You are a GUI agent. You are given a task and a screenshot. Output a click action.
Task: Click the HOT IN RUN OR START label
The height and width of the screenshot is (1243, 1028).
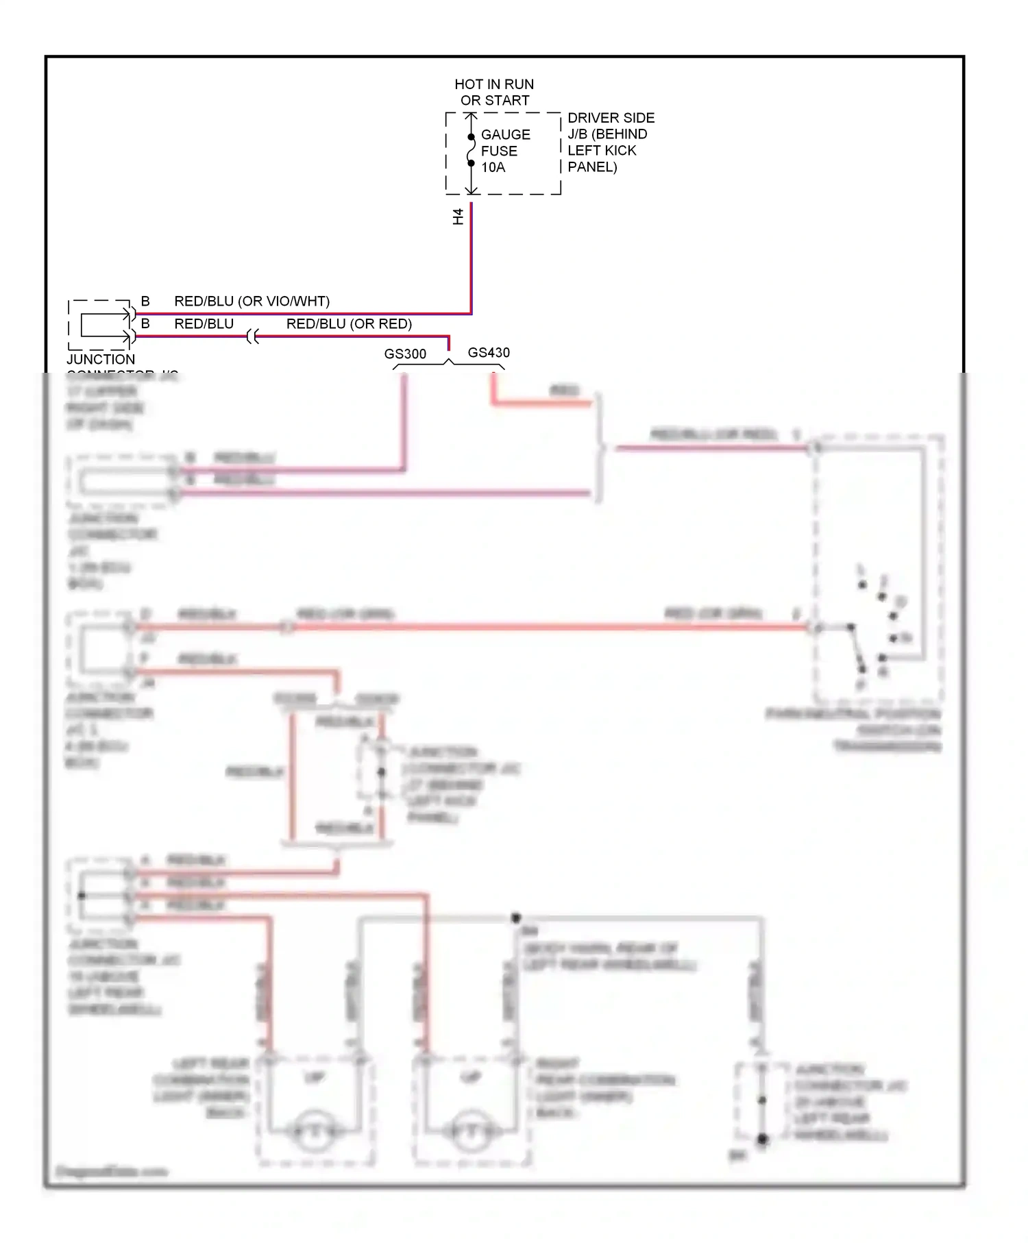click(494, 93)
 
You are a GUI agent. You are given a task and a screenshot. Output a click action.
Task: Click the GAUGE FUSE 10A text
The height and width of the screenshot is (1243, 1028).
click(505, 151)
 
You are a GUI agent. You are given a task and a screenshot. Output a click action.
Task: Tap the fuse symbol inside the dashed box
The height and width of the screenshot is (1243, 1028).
click(471, 151)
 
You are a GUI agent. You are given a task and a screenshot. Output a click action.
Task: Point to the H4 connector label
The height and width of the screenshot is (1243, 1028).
click(458, 217)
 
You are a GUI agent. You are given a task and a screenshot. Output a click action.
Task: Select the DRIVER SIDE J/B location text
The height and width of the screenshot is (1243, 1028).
click(610, 143)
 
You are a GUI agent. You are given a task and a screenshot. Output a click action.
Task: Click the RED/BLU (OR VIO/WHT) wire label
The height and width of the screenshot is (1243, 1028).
click(252, 301)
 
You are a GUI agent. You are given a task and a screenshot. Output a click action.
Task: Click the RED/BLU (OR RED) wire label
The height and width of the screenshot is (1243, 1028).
click(349, 324)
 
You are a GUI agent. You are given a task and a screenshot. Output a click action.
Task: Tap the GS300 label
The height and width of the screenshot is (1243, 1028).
click(405, 354)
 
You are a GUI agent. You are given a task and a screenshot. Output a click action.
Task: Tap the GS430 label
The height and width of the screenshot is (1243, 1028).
click(489, 352)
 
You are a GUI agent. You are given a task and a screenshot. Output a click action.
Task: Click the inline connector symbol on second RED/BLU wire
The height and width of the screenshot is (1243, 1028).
click(252, 336)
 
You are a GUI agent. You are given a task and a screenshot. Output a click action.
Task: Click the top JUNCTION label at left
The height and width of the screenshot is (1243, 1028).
click(101, 359)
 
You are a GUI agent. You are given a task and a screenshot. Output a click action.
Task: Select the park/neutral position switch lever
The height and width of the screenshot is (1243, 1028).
click(856, 648)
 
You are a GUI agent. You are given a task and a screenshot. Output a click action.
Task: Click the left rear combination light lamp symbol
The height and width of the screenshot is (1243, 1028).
click(315, 1131)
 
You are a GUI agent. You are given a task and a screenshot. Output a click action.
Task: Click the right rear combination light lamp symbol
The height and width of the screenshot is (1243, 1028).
click(471, 1131)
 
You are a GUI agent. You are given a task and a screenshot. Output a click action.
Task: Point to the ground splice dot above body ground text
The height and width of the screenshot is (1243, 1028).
click(516, 918)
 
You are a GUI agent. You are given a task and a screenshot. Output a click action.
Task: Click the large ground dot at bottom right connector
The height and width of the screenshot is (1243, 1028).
click(762, 1140)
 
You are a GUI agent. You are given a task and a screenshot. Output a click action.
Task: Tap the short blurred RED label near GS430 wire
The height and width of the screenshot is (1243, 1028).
click(564, 391)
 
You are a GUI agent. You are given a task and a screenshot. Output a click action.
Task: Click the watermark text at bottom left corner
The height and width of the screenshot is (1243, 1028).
click(111, 1172)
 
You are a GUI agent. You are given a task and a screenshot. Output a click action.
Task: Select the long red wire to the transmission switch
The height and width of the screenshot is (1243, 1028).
click(548, 626)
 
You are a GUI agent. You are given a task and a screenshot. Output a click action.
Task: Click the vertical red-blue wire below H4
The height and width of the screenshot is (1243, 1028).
click(471, 260)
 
